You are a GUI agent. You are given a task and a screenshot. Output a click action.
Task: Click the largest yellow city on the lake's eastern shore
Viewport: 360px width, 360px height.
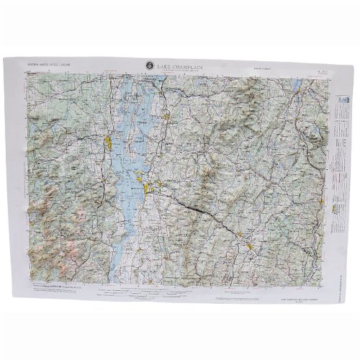pyautogui.click(x=152, y=189)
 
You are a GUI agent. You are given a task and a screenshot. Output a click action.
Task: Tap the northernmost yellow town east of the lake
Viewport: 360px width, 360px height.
pyautogui.click(x=167, y=116)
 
